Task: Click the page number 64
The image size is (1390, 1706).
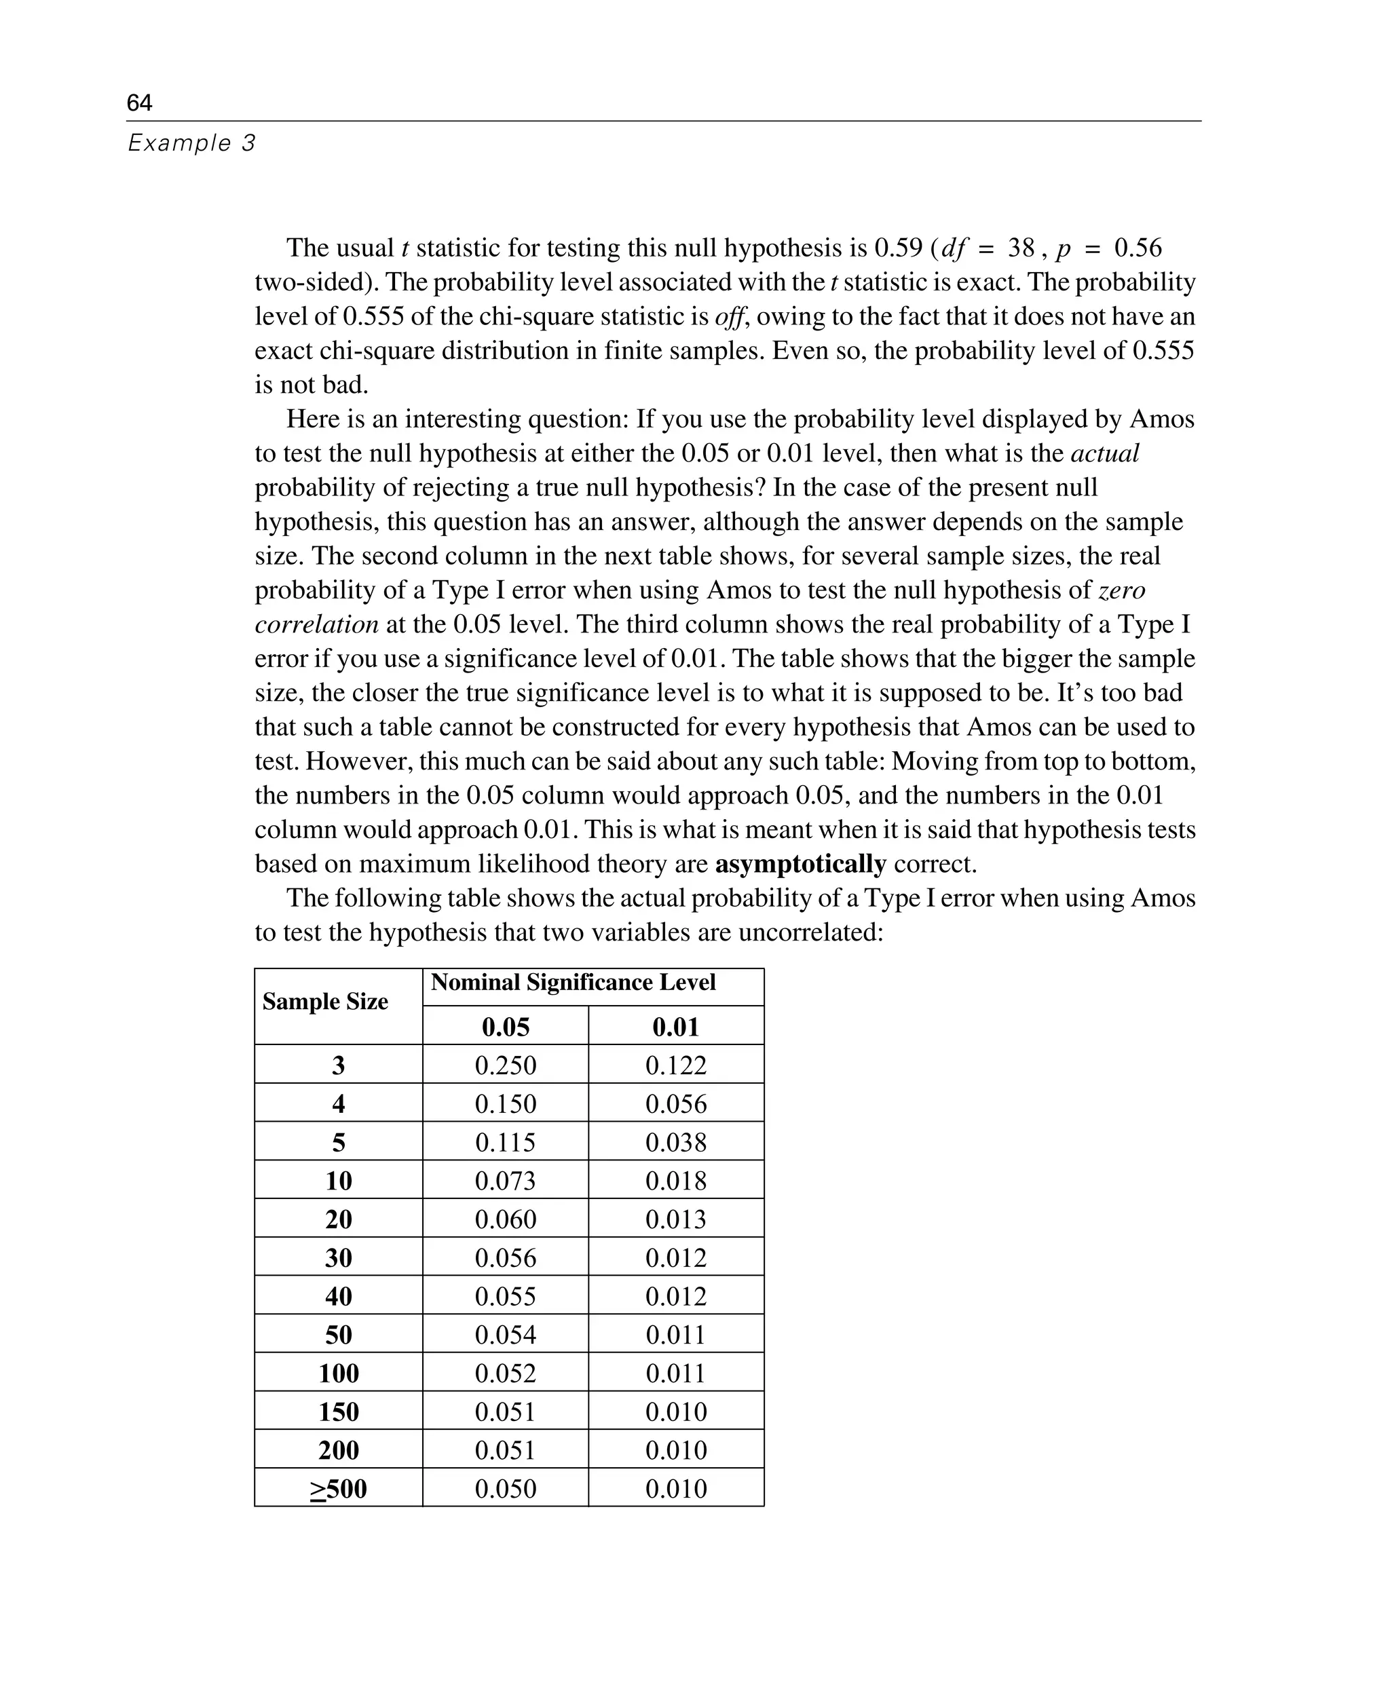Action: point(139,102)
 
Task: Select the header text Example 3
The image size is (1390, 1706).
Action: point(191,143)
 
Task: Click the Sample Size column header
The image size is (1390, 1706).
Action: point(325,1002)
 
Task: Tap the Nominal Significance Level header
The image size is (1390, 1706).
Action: point(573,983)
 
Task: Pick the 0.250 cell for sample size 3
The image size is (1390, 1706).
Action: point(505,1065)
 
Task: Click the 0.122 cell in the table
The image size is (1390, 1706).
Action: point(676,1065)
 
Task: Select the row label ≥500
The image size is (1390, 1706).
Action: point(339,1489)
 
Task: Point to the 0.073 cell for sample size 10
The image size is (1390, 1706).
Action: point(505,1181)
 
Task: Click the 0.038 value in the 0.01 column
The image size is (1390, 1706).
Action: point(676,1142)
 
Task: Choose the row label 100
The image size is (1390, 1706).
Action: point(339,1373)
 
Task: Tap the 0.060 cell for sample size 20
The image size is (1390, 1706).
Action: point(505,1219)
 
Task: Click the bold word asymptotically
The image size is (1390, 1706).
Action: point(800,865)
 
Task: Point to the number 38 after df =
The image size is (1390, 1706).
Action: point(1021,248)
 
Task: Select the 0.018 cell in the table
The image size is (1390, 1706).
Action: point(676,1181)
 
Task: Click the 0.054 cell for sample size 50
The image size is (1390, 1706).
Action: point(505,1335)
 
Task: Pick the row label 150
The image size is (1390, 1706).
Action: point(339,1412)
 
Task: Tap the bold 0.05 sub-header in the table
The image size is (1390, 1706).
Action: point(505,1027)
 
